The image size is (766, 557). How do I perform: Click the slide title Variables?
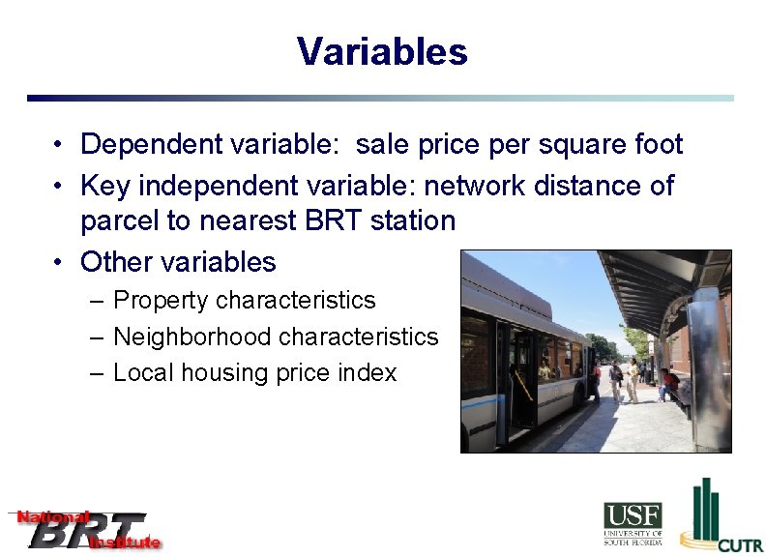coord(382,51)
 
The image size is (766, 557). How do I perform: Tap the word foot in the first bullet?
coord(659,145)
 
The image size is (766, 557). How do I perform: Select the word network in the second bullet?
coord(492,185)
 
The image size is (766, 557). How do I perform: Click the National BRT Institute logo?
coord(85,530)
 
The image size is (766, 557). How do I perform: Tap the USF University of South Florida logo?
coord(633,523)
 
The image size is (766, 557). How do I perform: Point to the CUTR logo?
coord(721,517)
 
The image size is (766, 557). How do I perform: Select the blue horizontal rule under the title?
coord(380,98)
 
